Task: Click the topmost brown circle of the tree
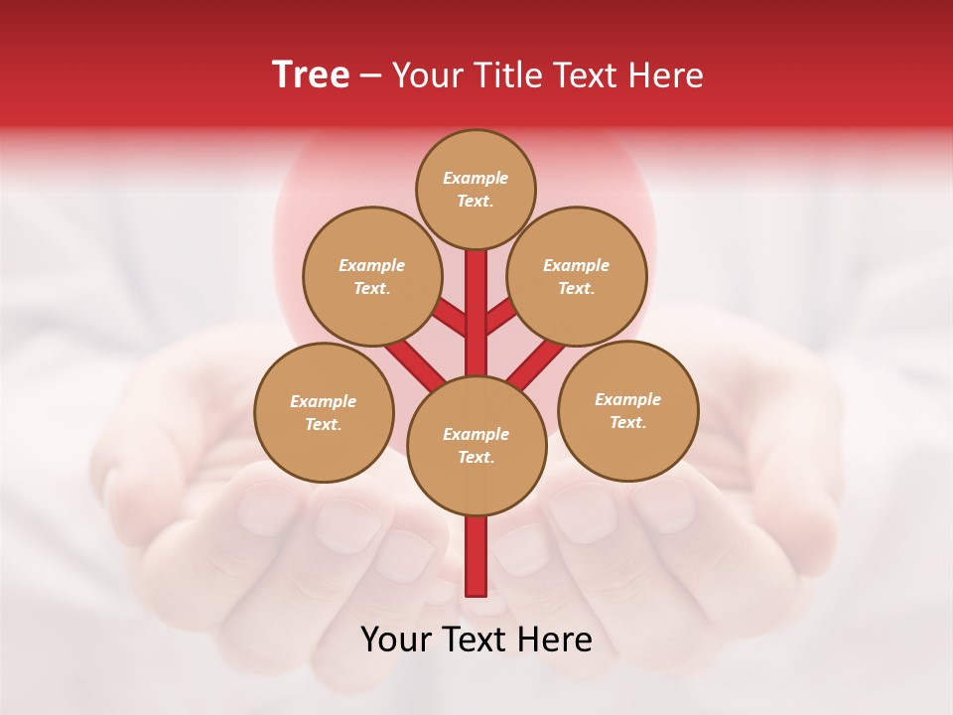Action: [476, 189]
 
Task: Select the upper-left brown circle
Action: [372, 276]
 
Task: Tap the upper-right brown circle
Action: [577, 276]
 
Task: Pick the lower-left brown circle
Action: [324, 412]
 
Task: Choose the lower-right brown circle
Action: [628, 410]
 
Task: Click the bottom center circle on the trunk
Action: [476, 446]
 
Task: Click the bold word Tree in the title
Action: [311, 75]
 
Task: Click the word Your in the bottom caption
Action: [397, 640]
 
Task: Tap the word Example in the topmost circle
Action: [476, 178]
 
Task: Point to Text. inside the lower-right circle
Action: [627, 422]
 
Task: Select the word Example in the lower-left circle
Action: [324, 401]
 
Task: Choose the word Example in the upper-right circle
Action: [577, 265]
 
